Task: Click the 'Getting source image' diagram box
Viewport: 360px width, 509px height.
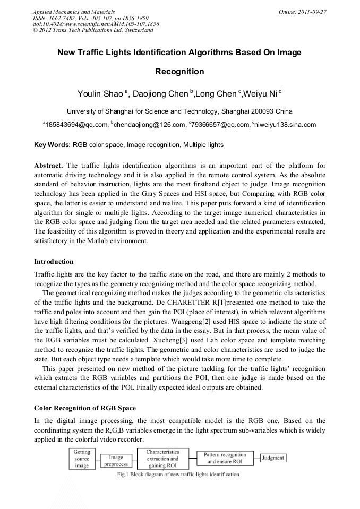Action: pos(82,459)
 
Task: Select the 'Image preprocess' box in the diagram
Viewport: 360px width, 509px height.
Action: pos(116,460)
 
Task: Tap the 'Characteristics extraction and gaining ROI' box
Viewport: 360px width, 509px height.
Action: pos(162,459)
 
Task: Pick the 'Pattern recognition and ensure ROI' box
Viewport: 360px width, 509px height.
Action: pos(225,458)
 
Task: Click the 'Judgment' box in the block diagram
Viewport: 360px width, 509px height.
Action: pos(273,458)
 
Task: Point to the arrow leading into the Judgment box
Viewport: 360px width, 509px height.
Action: pos(256,458)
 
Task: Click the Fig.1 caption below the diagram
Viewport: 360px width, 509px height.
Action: pos(178,474)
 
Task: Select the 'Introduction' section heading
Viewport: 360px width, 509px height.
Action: pos(54,262)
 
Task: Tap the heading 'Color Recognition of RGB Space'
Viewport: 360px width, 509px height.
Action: pos(85,408)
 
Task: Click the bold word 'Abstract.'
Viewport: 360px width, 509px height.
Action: pos(49,165)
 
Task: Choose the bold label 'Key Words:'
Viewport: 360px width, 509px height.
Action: pos(52,144)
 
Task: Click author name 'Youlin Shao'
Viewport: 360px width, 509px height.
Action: pos(101,94)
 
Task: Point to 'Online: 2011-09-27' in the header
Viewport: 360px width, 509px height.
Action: pos(302,12)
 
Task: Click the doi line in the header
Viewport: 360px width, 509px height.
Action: pos(96,24)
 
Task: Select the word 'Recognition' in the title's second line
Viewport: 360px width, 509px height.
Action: pos(179,71)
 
